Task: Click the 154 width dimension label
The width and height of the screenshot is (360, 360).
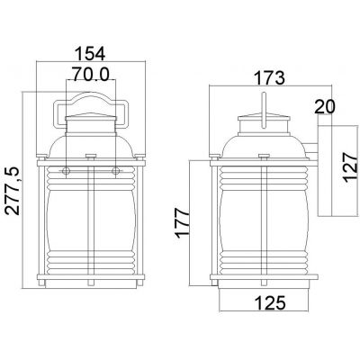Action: pyautogui.click(x=90, y=54)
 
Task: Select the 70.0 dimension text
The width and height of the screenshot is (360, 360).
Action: pyautogui.click(x=91, y=74)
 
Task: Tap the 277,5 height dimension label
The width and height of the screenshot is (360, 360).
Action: pyautogui.click(x=13, y=191)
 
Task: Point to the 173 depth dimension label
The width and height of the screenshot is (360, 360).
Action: pyautogui.click(x=269, y=78)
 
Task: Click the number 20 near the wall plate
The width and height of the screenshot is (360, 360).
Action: pyautogui.click(x=324, y=107)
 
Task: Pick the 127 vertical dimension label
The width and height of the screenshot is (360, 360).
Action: pyautogui.click(x=351, y=167)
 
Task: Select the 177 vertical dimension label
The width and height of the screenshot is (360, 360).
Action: pyautogui.click(x=183, y=224)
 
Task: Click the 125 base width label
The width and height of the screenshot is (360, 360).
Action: pyautogui.click(x=269, y=302)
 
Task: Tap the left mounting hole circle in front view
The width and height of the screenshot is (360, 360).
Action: pyautogui.click(x=66, y=171)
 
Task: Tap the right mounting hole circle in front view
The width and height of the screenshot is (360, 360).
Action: pyautogui.click(x=115, y=171)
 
